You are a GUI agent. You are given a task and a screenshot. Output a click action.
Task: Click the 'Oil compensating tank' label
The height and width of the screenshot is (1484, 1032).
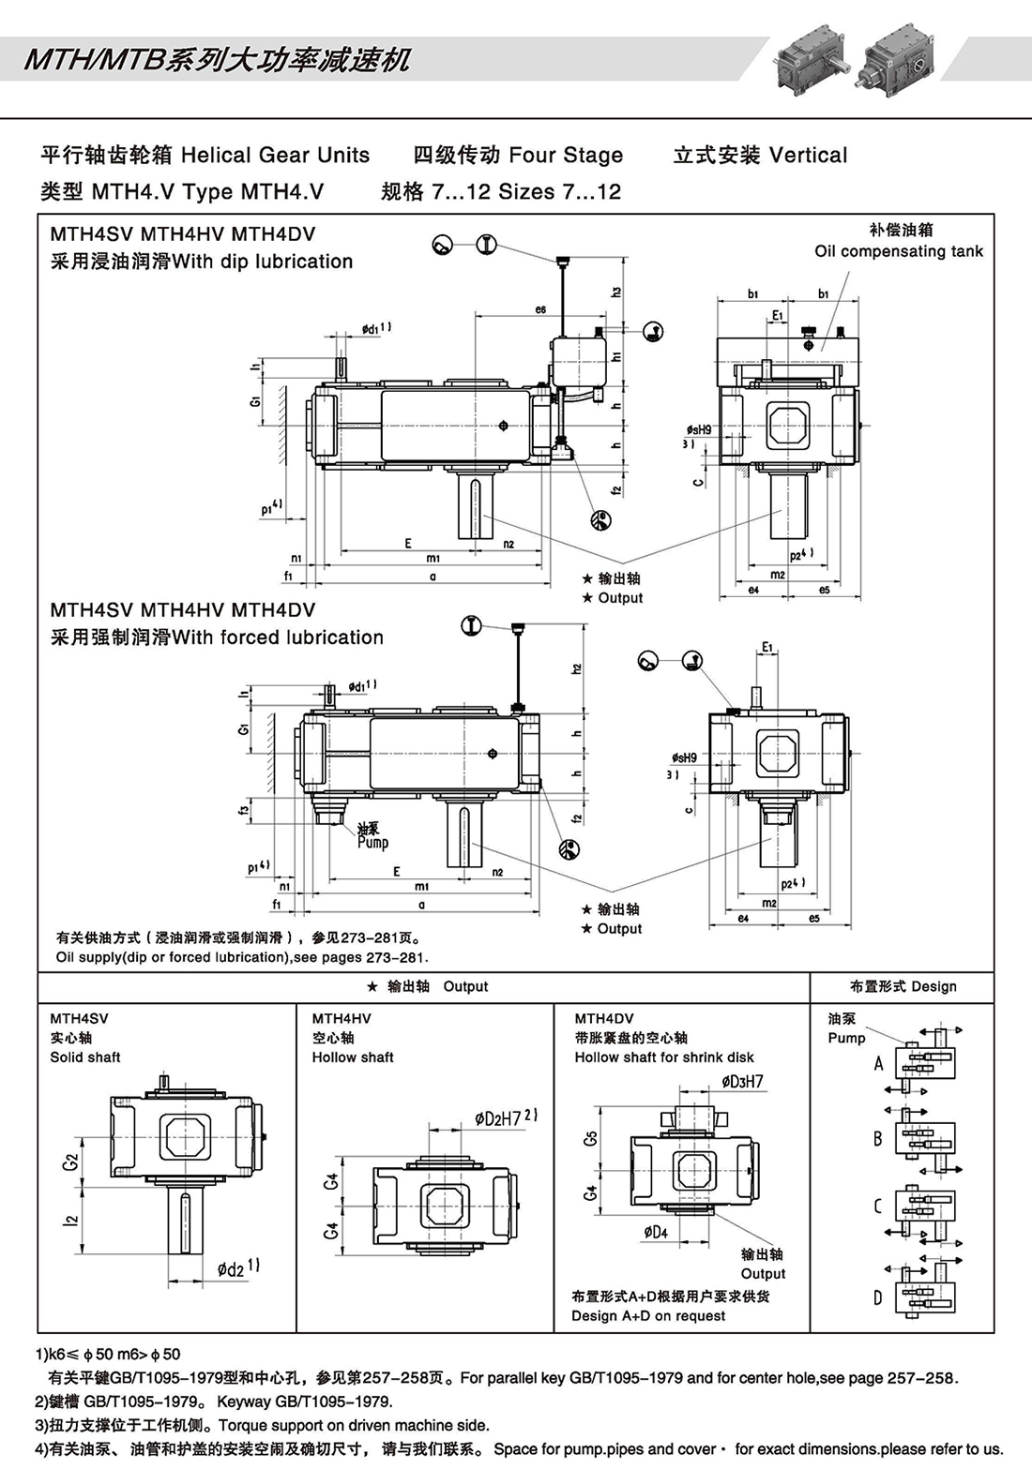coord(898,251)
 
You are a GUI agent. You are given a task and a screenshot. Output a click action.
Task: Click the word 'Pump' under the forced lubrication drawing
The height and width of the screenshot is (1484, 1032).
coord(372,843)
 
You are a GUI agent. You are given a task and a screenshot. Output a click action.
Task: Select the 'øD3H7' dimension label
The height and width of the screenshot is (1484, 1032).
coord(742,1082)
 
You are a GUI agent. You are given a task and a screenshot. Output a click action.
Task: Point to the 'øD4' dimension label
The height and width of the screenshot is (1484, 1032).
coord(656,1232)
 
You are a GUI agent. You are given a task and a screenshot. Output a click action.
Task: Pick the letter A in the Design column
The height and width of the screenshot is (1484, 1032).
coord(878,1063)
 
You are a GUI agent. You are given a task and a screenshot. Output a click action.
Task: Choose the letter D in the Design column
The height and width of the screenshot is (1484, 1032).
coord(878,1298)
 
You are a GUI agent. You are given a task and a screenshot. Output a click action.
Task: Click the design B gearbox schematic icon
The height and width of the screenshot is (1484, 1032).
coord(926,1140)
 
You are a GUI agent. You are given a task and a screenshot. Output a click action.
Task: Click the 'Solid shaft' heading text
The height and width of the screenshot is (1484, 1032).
coord(85,1057)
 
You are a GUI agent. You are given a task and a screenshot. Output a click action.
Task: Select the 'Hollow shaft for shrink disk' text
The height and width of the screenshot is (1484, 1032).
coord(664,1057)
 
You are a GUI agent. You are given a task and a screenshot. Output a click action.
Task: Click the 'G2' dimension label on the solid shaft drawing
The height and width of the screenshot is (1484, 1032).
coord(70,1162)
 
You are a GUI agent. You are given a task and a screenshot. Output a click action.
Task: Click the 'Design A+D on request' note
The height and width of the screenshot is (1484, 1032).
coord(648,1316)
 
